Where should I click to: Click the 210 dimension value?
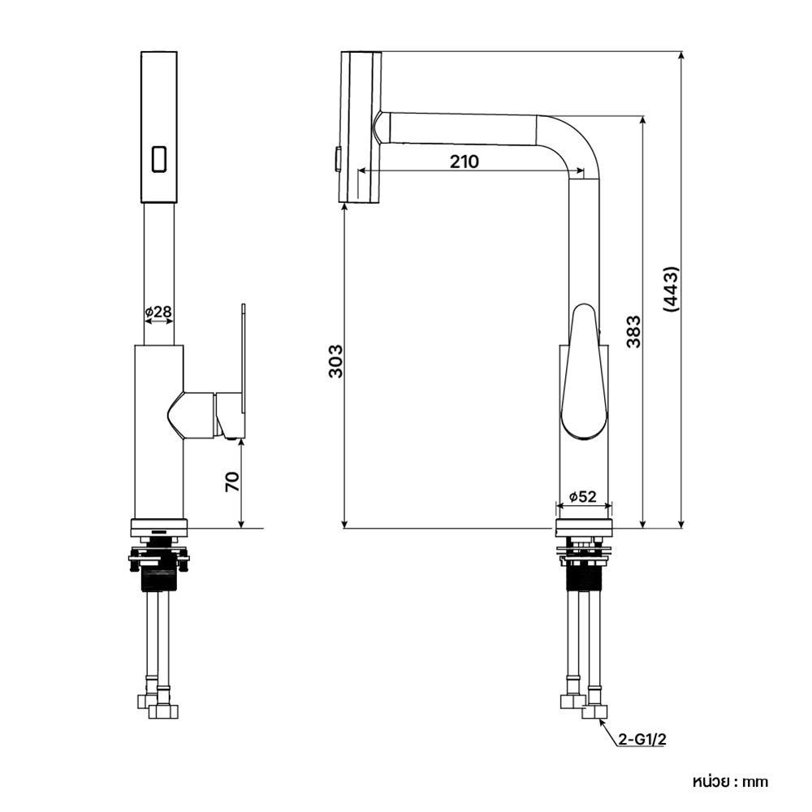pos(464,162)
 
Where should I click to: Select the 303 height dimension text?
pos(336,361)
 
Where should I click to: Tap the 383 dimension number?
pos(633,331)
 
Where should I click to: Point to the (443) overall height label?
pos(671,289)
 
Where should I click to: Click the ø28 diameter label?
pos(158,312)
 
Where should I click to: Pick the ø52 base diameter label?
pos(583,497)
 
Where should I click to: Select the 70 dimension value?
pos(232,482)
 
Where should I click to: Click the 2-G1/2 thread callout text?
pos(642,740)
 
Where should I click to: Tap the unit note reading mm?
pos(755,781)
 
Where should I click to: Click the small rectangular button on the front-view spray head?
pos(159,158)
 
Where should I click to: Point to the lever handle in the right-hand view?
pos(585,372)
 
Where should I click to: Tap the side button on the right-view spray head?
pos(338,158)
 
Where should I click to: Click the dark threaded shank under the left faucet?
pos(158,579)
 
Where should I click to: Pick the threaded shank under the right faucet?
pos(584,575)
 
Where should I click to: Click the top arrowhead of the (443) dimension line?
pos(681,57)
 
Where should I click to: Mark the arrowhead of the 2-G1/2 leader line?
pos(601,721)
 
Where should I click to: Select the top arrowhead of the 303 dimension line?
pos(344,208)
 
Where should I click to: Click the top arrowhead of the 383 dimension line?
pos(642,120)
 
